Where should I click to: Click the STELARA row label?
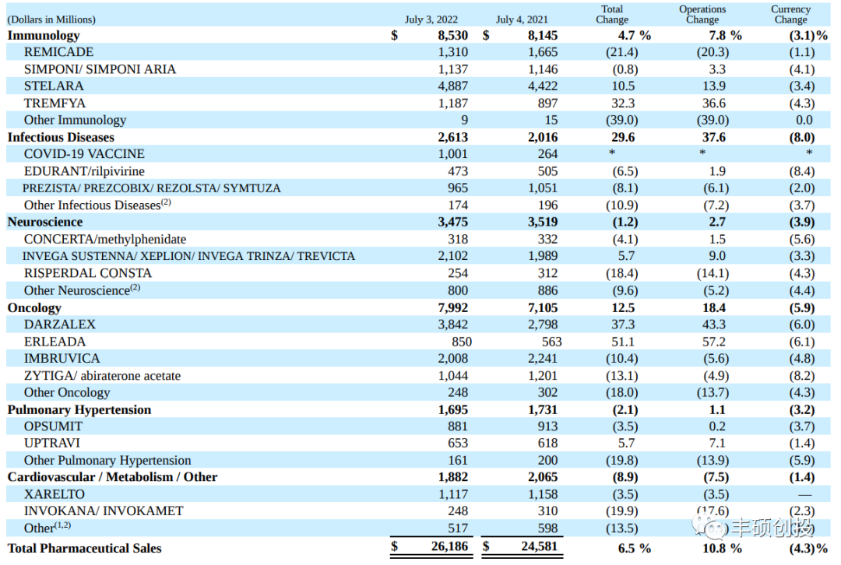[x=54, y=86]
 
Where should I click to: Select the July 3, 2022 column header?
[x=431, y=19]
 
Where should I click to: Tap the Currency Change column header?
[x=790, y=15]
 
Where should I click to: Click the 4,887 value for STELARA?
[x=452, y=86]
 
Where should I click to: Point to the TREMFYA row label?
[x=55, y=103]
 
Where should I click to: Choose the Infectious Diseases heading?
[x=61, y=137]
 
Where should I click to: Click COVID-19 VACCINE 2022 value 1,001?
[x=452, y=154]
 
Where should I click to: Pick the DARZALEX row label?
[x=59, y=325]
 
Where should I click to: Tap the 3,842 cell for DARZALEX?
[x=452, y=325]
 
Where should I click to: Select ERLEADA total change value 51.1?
[x=623, y=342]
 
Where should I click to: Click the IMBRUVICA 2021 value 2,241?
[x=543, y=359]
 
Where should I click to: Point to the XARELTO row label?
[x=55, y=494]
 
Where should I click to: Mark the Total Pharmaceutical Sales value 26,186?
[x=449, y=547]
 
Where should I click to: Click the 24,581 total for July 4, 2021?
[x=540, y=547]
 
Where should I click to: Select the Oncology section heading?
[x=34, y=307]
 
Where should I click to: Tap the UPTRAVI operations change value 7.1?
[x=716, y=444]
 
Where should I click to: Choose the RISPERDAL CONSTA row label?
[x=88, y=273]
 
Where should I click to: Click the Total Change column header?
[x=612, y=15]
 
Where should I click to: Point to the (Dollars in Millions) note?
[x=51, y=19]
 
